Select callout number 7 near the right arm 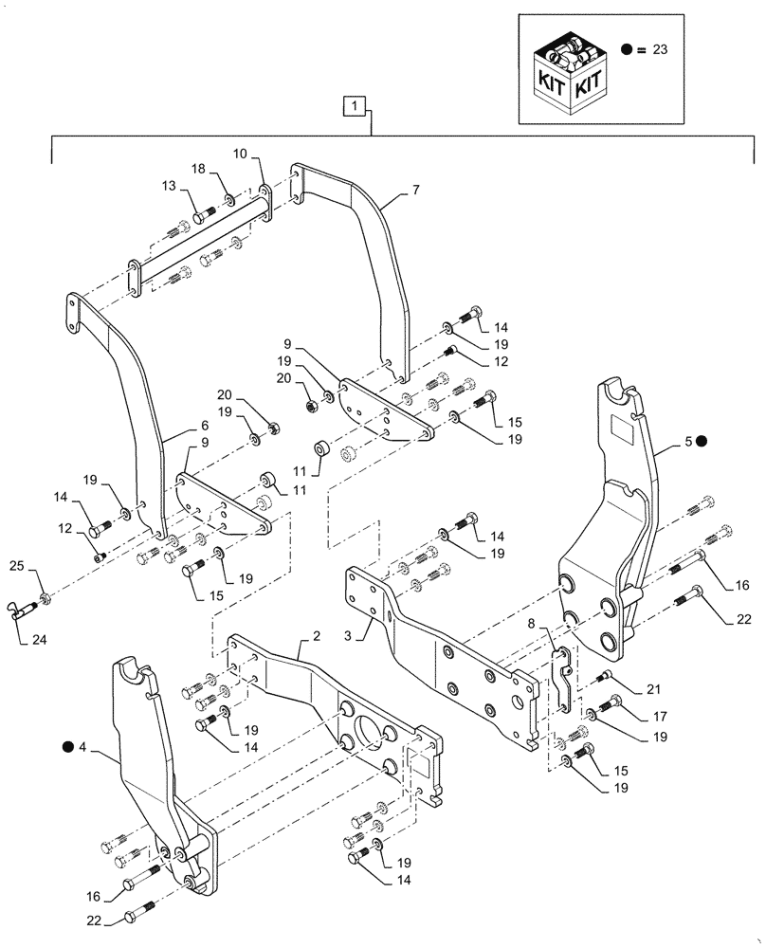click(x=415, y=190)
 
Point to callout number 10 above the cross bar click(x=240, y=154)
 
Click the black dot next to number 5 click(x=700, y=441)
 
